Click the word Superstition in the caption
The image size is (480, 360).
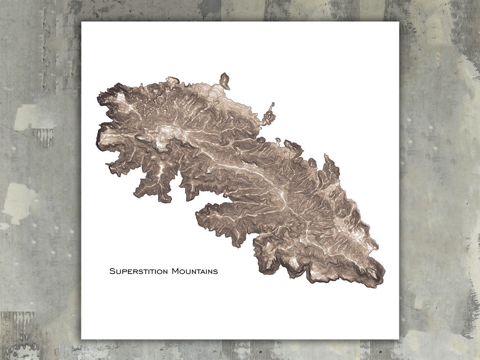pyautogui.click(x=139, y=272)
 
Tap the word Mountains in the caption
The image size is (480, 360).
pyautogui.click(x=194, y=272)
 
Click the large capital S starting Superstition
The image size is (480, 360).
pyautogui.click(x=112, y=272)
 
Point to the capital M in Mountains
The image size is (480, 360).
pyautogui.click(x=175, y=272)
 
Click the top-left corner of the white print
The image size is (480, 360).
pyautogui.click(x=82, y=22)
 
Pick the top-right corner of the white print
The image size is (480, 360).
pyautogui.click(x=398, y=22)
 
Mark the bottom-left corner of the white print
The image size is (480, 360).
pyautogui.click(x=82, y=338)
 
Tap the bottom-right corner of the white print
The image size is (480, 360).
pyautogui.click(x=398, y=338)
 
